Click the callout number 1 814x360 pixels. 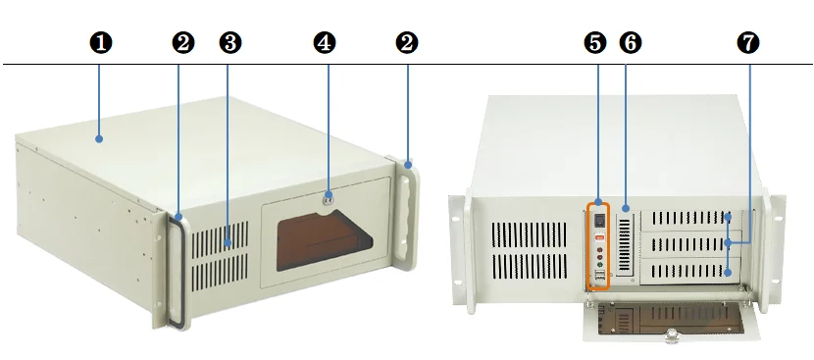tap(100, 42)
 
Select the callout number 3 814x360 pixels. tap(230, 42)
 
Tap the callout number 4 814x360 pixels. tap(325, 42)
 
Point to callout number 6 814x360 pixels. tap(630, 42)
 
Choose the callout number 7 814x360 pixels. tap(749, 42)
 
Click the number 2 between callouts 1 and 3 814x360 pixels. tap(182, 42)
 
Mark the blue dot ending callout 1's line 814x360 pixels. tap(100, 139)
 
